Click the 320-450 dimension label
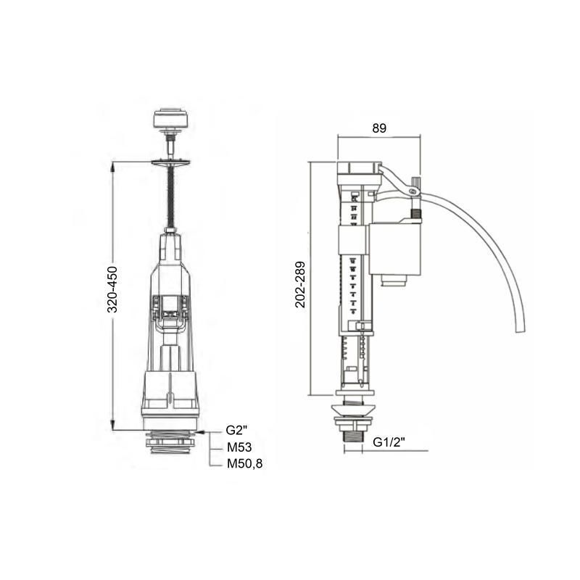(x=112, y=289)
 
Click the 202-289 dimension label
(x=300, y=284)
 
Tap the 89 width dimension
(x=379, y=128)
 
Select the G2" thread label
(x=237, y=430)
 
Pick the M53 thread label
(x=239, y=447)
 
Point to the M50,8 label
(x=245, y=463)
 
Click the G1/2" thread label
(x=389, y=442)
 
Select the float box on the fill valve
(x=394, y=249)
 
